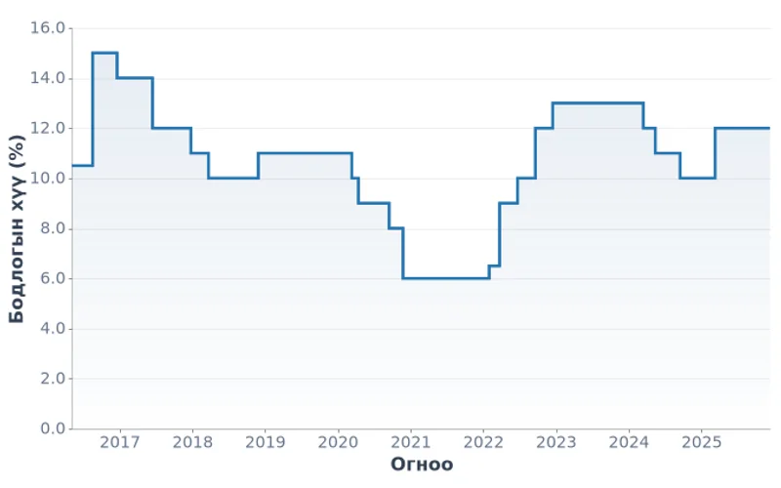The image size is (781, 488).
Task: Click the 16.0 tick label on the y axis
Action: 47,28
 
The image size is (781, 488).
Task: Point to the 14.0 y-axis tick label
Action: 47,78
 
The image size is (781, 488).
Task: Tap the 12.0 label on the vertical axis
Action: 47,128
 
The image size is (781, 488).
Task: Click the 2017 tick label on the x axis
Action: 120,443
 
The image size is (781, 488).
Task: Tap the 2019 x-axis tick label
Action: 265,443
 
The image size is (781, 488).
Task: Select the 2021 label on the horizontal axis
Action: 410,443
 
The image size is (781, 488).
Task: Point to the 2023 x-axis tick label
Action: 555,443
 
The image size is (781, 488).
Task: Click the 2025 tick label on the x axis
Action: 701,443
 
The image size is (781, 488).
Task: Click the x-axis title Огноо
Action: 422,465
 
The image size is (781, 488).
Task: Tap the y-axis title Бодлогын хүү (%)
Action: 17,228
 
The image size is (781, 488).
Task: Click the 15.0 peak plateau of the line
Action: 104,53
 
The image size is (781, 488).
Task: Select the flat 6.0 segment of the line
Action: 445,278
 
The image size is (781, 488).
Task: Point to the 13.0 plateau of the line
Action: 597,102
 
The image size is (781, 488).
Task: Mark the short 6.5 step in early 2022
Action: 494,265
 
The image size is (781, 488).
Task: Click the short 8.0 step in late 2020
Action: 395,228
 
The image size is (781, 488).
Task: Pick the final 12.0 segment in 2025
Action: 742,128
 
